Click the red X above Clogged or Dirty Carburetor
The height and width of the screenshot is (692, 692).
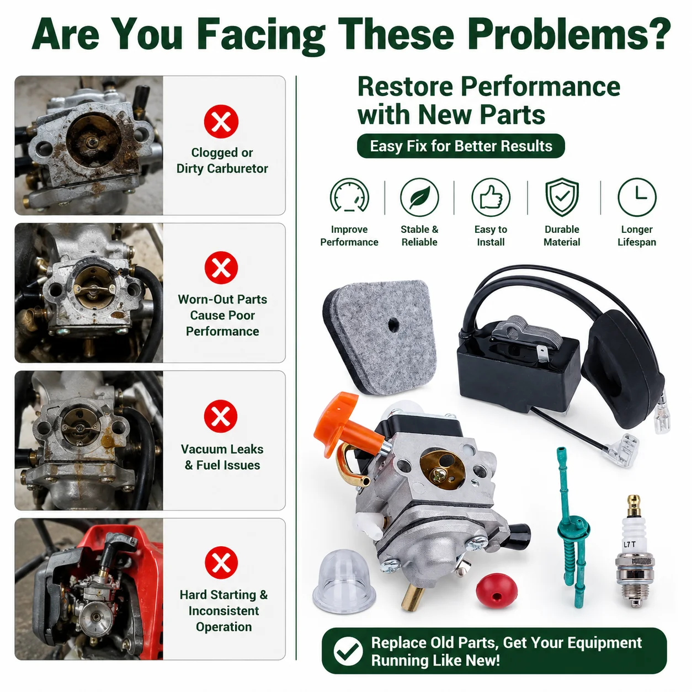pos(221,121)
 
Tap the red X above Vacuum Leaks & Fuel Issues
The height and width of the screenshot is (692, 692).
pos(221,416)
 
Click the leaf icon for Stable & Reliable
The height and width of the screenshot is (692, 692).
pos(419,197)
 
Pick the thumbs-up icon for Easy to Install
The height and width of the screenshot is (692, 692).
pos(491,197)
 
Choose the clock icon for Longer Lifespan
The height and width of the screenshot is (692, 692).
pos(637,197)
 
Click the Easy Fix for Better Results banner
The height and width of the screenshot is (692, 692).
pos(461,146)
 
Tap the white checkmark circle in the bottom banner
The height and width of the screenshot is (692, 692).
pos(348,651)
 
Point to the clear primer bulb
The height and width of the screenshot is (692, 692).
pos(344,578)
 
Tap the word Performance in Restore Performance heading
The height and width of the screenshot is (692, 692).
pos(540,87)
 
